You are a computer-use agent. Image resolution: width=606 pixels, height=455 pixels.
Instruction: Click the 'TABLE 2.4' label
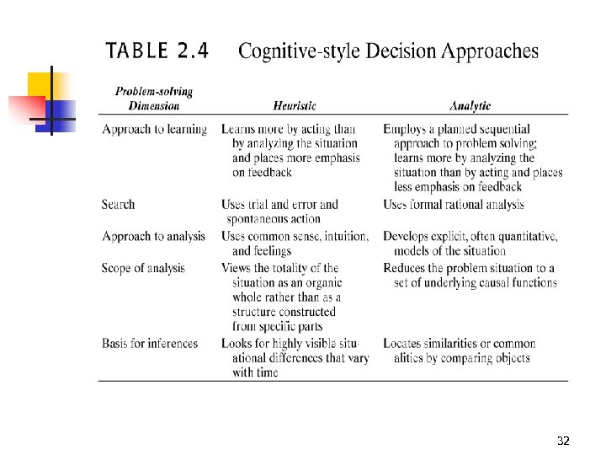[x=157, y=51]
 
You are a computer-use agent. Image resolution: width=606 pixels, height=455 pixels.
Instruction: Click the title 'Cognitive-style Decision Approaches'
[x=388, y=51]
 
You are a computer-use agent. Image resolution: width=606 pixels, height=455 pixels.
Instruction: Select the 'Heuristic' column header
[x=295, y=106]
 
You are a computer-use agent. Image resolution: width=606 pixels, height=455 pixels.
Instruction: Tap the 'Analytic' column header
[x=470, y=106]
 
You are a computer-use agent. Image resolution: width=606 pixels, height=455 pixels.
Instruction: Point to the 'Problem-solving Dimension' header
[x=154, y=99]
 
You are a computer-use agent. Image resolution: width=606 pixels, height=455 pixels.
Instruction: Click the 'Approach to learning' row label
[x=154, y=129]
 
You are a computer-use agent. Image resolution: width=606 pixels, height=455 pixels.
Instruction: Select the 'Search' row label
[x=118, y=204]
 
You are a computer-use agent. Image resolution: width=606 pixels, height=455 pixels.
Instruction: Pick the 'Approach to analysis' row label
[x=153, y=236]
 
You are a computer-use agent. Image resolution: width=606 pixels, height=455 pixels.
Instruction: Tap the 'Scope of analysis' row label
[x=143, y=268]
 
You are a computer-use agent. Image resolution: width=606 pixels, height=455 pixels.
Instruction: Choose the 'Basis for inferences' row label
[x=150, y=343]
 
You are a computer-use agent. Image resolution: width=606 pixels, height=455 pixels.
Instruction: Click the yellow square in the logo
[x=40, y=84]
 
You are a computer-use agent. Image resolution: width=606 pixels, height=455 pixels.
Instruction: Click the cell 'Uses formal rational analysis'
[x=453, y=204]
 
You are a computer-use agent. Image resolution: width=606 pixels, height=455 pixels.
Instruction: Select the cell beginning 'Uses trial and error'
[x=280, y=211]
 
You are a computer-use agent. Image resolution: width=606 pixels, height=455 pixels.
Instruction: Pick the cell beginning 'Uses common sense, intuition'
[x=295, y=243]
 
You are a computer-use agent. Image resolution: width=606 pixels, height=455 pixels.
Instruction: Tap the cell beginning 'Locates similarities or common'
[x=459, y=351]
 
